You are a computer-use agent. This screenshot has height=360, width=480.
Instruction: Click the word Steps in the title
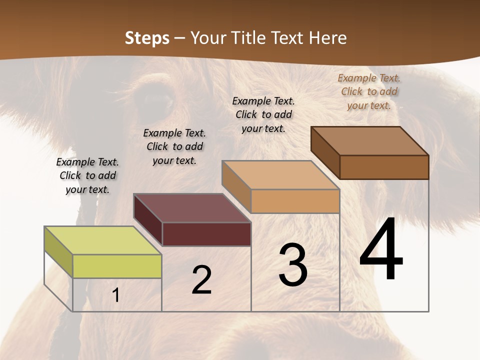click(x=147, y=38)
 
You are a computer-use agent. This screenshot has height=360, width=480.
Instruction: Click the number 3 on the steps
click(x=293, y=265)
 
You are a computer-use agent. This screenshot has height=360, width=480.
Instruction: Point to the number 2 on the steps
click(x=201, y=280)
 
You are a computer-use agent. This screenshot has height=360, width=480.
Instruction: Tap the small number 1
click(x=116, y=295)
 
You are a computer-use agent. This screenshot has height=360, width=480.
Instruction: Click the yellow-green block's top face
click(x=102, y=240)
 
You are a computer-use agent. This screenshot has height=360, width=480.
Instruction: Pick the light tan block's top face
click(x=280, y=175)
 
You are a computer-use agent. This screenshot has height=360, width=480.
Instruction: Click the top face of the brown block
click(x=369, y=140)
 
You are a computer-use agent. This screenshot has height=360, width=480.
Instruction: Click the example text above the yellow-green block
click(x=87, y=175)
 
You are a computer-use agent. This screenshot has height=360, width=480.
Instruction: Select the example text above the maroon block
click(x=174, y=146)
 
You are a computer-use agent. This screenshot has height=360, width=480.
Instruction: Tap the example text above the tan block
click(x=263, y=114)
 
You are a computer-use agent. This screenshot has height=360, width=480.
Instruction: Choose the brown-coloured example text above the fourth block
click(x=369, y=91)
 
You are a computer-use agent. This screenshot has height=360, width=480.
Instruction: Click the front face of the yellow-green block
click(x=117, y=266)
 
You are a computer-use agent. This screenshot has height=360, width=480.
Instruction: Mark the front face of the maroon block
click(x=206, y=234)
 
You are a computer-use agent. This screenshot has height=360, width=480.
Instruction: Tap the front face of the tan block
click(x=295, y=201)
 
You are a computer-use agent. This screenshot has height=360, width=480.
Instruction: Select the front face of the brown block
click(x=384, y=167)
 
